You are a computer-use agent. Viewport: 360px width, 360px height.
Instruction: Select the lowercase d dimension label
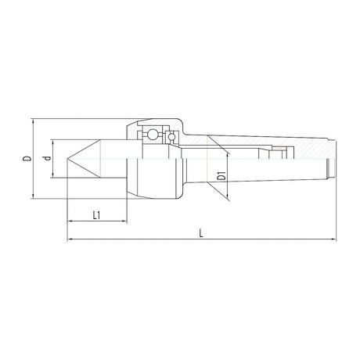point(47,158)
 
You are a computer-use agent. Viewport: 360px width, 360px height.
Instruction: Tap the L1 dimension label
point(96,215)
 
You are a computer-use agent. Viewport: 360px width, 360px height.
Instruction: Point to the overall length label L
point(201,233)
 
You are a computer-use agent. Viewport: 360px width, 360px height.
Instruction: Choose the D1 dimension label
point(221,176)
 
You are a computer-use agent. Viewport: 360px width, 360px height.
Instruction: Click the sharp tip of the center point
point(67,159)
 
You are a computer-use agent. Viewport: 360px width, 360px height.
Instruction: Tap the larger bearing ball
point(152,135)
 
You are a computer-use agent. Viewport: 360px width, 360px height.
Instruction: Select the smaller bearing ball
point(171,137)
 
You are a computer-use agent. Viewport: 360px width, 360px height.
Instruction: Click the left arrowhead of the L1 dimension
point(70,221)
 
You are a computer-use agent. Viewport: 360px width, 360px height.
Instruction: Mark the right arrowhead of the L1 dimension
point(124,221)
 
